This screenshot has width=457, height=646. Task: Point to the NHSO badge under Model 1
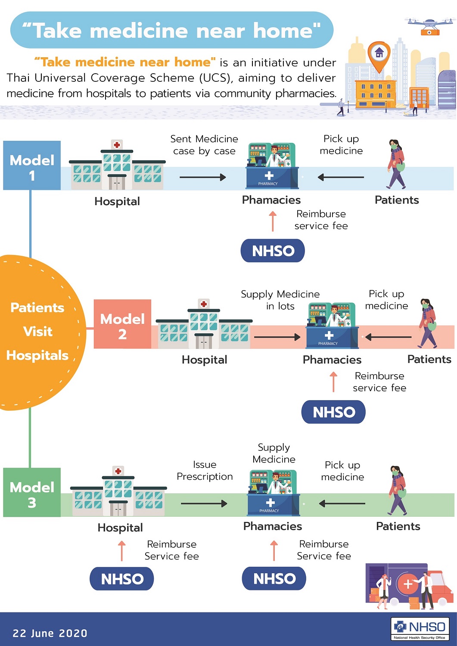pyautogui.click(x=273, y=251)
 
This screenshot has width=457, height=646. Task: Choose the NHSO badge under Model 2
pyautogui.click(x=333, y=412)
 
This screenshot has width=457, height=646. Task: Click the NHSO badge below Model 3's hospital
pyautogui.click(x=122, y=579)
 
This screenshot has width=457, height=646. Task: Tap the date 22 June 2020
pyautogui.click(x=50, y=633)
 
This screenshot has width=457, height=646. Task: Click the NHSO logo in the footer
pyautogui.click(x=420, y=629)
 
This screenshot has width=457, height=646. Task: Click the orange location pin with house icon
pyautogui.click(x=379, y=55)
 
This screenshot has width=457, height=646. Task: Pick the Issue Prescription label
pyautogui.click(x=205, y=471)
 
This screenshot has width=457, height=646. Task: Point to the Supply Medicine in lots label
pyautogui.click(x=280, y=300)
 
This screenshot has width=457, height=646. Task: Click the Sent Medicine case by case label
pyautogui.click(x=204, y=145)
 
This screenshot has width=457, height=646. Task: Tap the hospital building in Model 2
pyautogui.click(x=204, y=325)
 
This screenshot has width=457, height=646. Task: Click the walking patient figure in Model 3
pyautogui.click(x=398, y=491)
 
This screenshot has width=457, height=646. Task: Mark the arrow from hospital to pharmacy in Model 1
pyautogui.click(x=202, y=177)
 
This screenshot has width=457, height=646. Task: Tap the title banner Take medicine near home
pyautogui.click(x=171, y=31)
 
